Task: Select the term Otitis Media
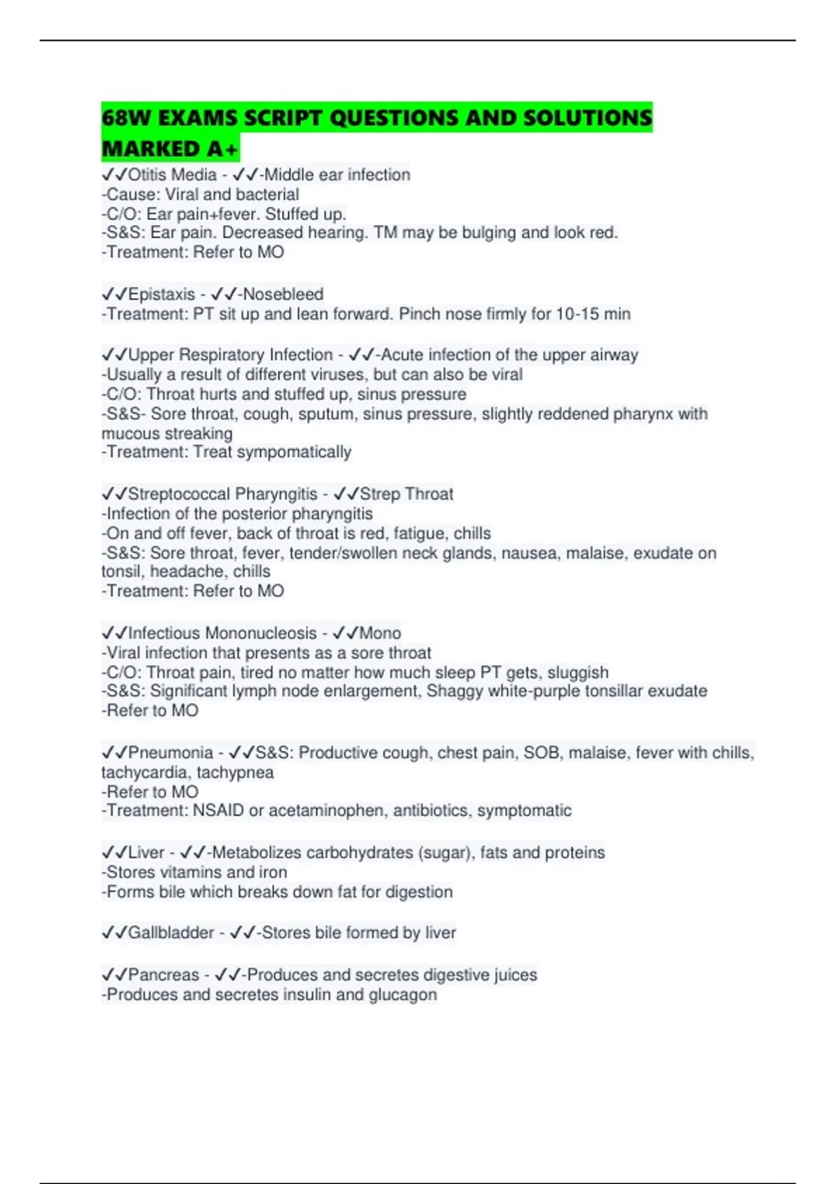[172, 175]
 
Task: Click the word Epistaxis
[162, 295]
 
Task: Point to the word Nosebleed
[283, 295]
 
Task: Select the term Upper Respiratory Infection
[231, 355]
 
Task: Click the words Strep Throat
[406, 494]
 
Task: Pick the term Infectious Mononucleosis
[222, 633]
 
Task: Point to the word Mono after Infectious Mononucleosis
[380, 633]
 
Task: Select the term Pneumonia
[171, 753]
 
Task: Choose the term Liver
[146, 852]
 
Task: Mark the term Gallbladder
[171, 933]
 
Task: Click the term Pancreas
[164, 975]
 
